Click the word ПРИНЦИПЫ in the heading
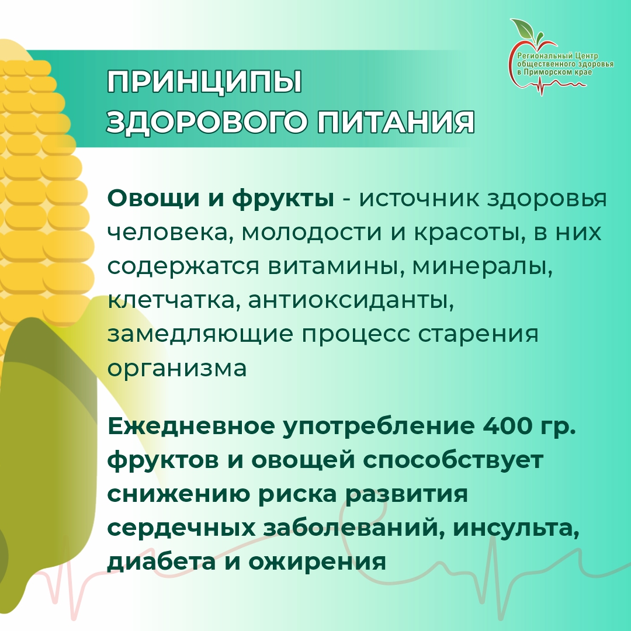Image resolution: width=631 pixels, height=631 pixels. point(204,82)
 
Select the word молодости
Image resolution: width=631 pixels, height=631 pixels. point(311,233)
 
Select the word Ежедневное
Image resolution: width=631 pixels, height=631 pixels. point(191,426)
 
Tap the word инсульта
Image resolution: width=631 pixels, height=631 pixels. point(516,528)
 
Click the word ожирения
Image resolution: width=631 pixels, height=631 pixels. point(317,563)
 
